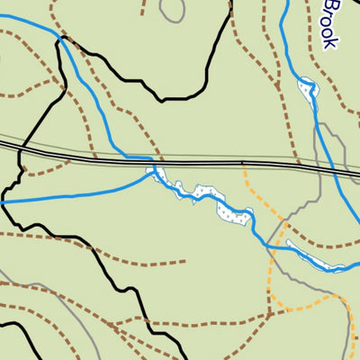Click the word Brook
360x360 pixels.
tap(332, 24)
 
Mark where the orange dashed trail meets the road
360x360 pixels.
tap(242, 165)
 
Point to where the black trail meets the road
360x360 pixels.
tap(20, 149)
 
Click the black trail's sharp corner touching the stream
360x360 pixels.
tap(61, 40)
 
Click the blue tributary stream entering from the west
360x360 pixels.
tap(72, 195)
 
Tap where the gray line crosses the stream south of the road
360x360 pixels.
tap(267, 238)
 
